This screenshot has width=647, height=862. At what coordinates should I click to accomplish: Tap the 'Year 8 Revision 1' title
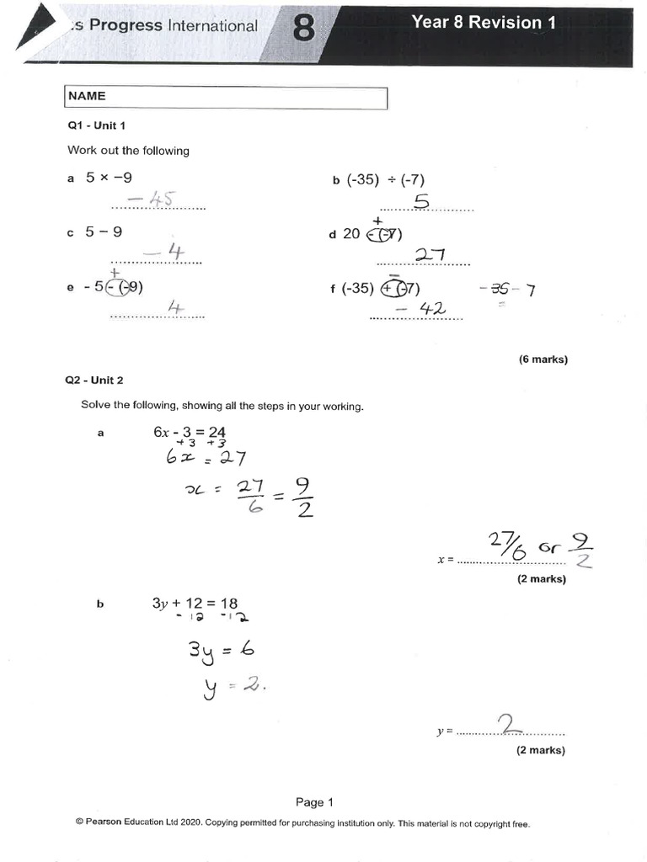[483, 23]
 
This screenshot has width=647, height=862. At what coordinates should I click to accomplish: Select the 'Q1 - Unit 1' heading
[96, 125]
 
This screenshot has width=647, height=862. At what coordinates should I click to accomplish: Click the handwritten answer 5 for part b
[421, 201]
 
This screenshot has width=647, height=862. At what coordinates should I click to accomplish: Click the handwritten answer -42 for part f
[415, 309]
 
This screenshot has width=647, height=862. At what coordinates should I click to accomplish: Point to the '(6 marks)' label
[543, 359]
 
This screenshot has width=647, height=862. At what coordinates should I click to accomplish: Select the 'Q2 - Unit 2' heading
[94, 380]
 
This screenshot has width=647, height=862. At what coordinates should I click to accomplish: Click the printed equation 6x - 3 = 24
[189, 432]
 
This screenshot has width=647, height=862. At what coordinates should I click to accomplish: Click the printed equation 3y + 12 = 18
[195, 604]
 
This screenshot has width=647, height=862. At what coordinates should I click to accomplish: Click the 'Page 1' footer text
[314, 802]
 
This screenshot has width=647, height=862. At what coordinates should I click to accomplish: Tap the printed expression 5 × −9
[109, 178]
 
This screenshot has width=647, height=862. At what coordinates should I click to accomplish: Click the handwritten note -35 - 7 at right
[506, 291]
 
